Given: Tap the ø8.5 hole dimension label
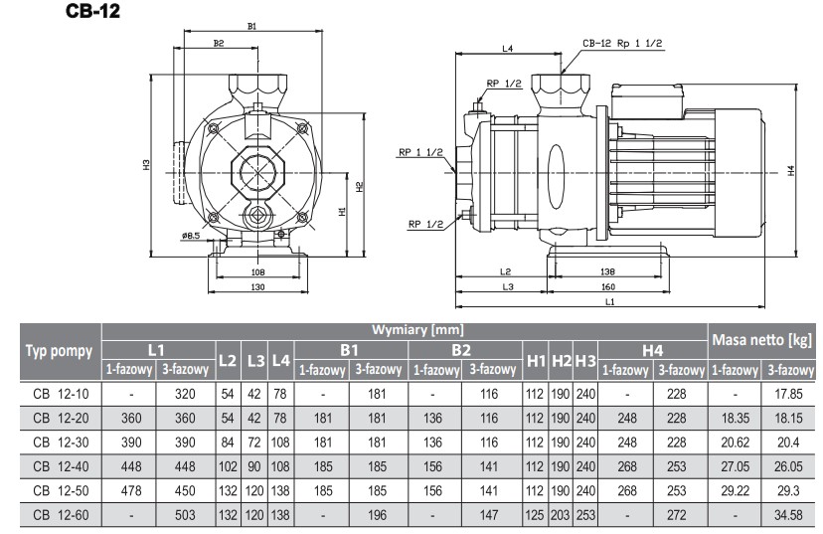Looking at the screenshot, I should [x=192, y=236].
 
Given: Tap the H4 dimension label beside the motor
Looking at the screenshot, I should [x=792, y=170].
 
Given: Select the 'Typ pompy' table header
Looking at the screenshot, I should [x=60, y=351].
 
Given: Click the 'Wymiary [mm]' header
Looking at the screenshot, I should [x=406, y=329].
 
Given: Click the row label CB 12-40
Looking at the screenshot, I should [x=60, y=464].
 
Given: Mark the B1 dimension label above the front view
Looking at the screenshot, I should [x=251, y=27].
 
